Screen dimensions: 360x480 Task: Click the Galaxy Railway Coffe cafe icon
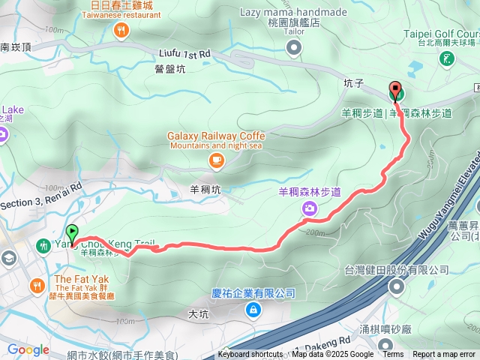(216, 159)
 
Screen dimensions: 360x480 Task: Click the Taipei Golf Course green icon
(447, 58)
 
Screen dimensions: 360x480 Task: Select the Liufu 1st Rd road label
(185, 54)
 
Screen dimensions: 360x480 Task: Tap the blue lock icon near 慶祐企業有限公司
(253, 310)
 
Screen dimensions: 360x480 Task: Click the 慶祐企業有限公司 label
(253, 293)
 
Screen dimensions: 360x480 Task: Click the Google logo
(28, 349)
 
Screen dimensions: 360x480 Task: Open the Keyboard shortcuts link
(250, 355)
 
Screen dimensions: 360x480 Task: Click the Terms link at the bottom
(393, 355)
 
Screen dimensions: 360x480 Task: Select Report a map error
(445, 355)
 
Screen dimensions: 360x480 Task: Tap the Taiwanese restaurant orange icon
(121, 31)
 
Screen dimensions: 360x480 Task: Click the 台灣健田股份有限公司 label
(396, 270)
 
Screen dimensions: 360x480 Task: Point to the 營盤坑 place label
(170, 68)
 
